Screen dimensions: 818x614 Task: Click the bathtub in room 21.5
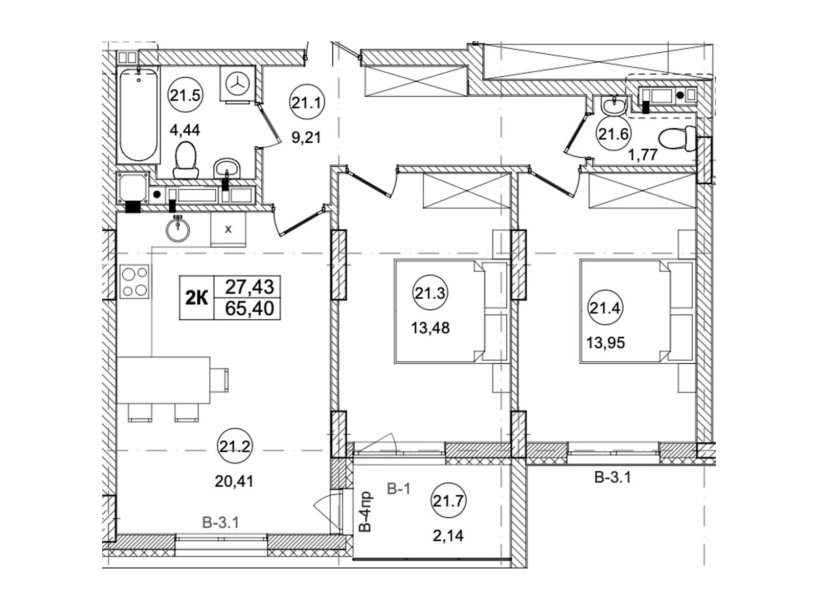pos(138,115)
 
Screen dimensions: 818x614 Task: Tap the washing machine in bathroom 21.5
pos(237,83)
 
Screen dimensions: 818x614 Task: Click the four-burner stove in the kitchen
pos(134,281)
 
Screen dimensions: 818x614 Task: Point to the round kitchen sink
pos(178,229)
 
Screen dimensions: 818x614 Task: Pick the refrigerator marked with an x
pos(228,229)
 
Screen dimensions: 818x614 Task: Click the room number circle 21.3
pos(430,293)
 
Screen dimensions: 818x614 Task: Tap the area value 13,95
pos(606,343)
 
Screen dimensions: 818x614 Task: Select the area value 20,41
pos(234,481)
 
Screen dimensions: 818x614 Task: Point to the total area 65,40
pos(249,309)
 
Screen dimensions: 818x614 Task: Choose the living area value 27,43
pos(249,287)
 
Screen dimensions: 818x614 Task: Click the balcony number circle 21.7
pos(448,501)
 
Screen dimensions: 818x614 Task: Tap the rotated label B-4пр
pos(366,511)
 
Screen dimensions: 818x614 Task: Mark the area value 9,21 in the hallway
pos(306,138)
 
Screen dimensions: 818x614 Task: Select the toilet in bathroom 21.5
pos(186,160)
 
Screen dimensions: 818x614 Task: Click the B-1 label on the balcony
pos(399,489)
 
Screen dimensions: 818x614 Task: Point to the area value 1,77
pos(643,155)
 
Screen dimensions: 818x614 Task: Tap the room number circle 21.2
pos(235,446)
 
